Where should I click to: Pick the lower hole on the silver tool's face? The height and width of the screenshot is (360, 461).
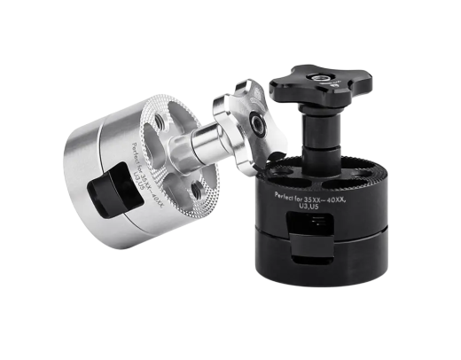tap(200, 188)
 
